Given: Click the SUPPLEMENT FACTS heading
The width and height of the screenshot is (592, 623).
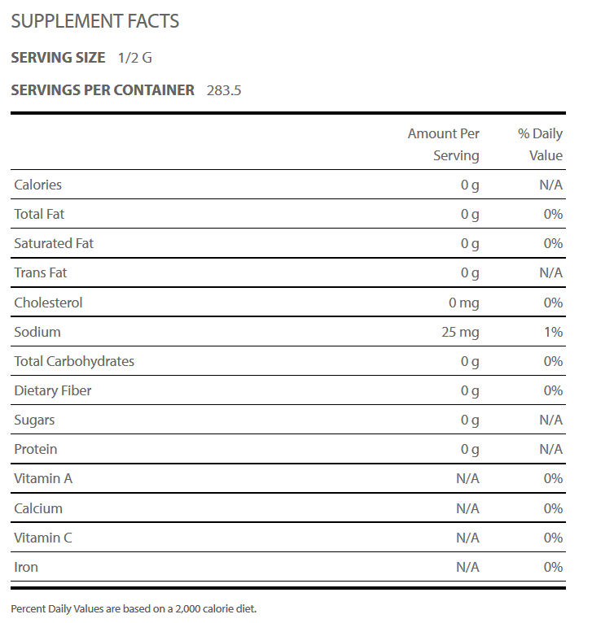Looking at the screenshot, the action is click(95, 21).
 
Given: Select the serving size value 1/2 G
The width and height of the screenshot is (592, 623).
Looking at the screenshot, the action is click(135, 58).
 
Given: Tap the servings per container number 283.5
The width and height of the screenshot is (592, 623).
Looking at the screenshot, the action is click(224, 90).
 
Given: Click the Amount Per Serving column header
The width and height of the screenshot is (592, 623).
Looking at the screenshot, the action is click(444, 144).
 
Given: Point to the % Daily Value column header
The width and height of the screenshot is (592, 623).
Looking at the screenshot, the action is click(540, 144).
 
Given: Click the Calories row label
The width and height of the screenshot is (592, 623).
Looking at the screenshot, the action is click(37, 185).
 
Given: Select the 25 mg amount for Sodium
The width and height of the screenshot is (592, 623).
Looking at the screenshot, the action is click(460, 332).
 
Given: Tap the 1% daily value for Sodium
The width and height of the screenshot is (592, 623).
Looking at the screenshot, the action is click(554, 332).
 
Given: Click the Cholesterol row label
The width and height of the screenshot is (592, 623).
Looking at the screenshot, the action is click(48, 303).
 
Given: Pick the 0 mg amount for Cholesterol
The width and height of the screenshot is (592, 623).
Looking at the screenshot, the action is click(464, 303).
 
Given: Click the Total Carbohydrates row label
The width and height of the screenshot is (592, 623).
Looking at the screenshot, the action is click(74, 361).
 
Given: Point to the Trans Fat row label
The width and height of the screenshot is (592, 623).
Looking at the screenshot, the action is click(41, 273).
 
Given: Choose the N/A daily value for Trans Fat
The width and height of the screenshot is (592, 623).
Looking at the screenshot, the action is click(551, 273).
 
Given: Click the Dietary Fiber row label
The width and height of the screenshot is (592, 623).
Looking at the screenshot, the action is click(52, 390).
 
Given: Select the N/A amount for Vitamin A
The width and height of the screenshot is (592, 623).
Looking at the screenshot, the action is click(468, 479).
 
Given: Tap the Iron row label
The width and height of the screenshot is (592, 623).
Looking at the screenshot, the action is click(26, 567).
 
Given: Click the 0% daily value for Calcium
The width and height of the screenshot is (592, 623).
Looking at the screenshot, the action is click(554, 508).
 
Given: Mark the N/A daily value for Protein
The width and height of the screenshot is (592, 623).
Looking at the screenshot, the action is click(551, 450).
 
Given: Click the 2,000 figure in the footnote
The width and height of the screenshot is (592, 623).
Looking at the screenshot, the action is click(188, 609).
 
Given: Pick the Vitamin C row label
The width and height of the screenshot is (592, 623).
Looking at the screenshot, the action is click(43, 538).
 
